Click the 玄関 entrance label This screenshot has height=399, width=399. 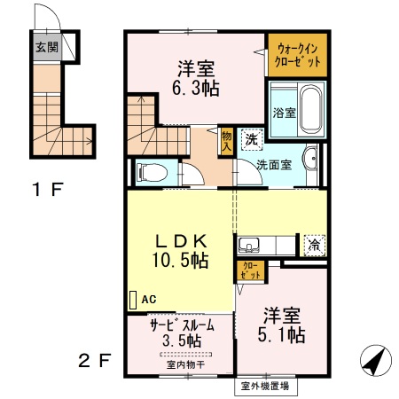[47, 47]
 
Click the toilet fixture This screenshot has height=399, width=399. [150, 170]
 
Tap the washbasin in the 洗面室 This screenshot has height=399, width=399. [309, 160]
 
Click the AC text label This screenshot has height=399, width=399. [148, 300]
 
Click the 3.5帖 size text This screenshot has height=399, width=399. [181, 340]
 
